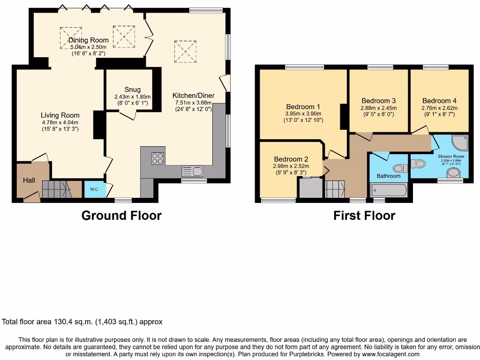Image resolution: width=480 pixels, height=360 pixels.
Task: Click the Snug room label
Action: [x=132, y=90]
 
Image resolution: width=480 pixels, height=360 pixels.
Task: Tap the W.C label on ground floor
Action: [x=91, y=190]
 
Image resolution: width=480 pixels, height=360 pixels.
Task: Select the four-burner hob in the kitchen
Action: [x=157, y=158]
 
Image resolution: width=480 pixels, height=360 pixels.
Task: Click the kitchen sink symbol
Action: [x=192, y=171]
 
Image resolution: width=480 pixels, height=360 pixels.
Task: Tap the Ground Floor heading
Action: [x=121, y=216]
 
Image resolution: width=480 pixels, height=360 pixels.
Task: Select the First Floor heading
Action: [x=364, y=216]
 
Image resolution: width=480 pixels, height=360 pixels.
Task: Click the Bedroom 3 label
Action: [x=379, y=101]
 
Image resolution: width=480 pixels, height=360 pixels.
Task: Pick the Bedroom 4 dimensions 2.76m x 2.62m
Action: [x=439, y=108]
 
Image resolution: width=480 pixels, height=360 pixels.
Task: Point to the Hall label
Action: [x=29, y=180]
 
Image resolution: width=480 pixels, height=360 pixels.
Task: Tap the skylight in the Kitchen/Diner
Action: [x=185, y=51]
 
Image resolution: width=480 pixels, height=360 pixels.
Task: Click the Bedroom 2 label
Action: [x=291, y=159]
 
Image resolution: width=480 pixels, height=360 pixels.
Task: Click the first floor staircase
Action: [x=335, y=189]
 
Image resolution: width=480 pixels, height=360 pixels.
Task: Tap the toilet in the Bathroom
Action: [x=399, y=168]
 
